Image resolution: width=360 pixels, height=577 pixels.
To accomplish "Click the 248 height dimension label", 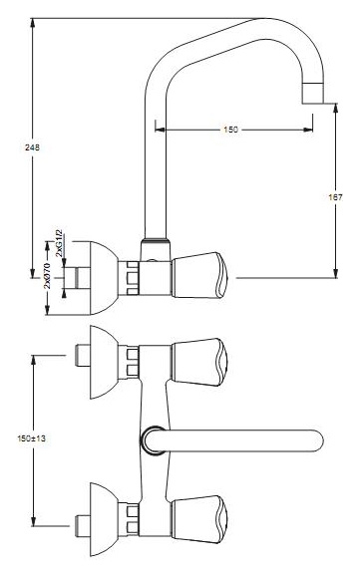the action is click(x=32, y=147).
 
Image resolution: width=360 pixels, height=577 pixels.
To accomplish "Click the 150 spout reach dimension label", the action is click(x=230, y=130).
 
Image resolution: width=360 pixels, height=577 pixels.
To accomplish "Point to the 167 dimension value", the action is click(x=335, y=197).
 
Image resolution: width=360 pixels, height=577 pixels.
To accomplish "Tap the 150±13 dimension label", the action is click(x=32, y=438).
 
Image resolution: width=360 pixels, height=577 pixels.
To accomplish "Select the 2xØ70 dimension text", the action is click(x=48, y=275).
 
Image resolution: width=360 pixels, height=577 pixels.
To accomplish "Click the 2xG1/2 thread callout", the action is click(x=59, y=243).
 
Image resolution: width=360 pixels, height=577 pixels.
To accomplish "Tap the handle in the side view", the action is click(x=199, y=275).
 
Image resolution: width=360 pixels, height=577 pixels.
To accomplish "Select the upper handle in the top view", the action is click(x=199, y=362).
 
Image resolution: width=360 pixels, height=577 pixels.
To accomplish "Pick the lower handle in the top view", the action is click(x=199, y=519).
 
